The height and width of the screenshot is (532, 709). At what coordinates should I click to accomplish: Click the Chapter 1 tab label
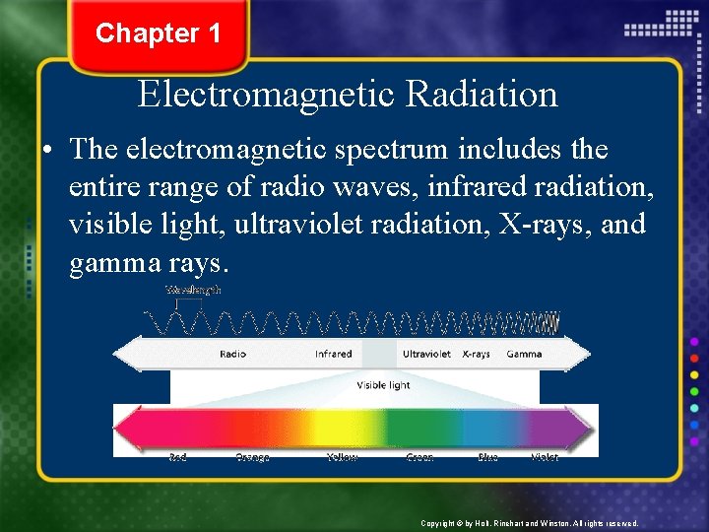(x=158, y=33)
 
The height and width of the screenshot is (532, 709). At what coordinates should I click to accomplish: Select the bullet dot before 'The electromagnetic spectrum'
(x=46, y=151)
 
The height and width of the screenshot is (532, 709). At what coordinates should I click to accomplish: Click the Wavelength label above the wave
(x=193, y=291)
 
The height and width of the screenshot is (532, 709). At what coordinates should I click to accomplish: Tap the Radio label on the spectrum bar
(x=233, y=354)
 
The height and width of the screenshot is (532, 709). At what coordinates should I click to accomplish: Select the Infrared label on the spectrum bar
(x=333, y=354)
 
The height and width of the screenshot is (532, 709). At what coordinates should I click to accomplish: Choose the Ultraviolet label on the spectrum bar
(x=426, y=354)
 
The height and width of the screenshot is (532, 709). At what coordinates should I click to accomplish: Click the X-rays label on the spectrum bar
(x=476, y=354)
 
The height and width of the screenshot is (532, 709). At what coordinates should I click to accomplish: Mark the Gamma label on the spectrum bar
(x=524, y=354)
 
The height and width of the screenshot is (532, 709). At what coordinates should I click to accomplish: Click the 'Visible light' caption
(x=383, y=385)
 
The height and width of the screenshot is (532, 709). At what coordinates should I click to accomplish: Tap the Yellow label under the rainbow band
(x=343, y=458)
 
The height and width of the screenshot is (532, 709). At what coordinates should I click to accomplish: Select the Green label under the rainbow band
(x=419, y=458)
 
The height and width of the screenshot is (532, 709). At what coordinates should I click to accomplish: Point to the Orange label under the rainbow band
(x=253, y=458)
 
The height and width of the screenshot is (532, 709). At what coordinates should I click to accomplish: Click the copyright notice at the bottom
(x=529, y=523)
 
